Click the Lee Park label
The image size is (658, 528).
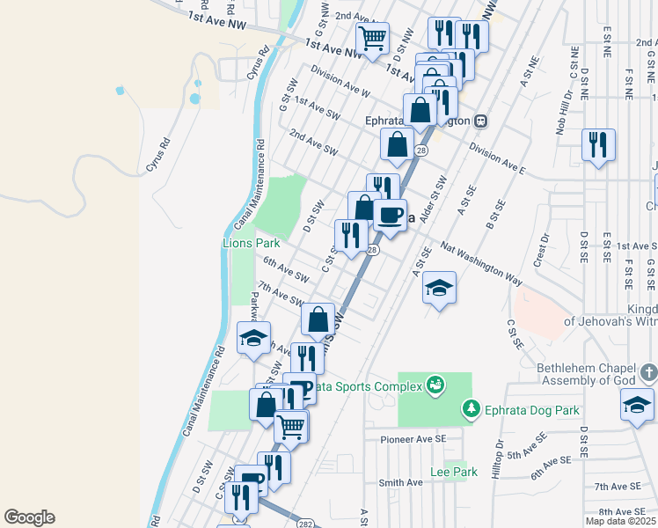pos(453,473)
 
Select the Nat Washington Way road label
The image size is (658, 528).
pos(481,264)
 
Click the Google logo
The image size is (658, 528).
pos(29,517)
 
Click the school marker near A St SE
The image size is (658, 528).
pos(439,287)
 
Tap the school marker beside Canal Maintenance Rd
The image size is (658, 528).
pos(253,336)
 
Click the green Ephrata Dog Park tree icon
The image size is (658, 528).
pos(472,409)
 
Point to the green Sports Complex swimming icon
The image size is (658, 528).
pos(434,385)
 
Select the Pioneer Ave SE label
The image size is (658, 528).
pos(413,438)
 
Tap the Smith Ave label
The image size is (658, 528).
pos(400,482)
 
